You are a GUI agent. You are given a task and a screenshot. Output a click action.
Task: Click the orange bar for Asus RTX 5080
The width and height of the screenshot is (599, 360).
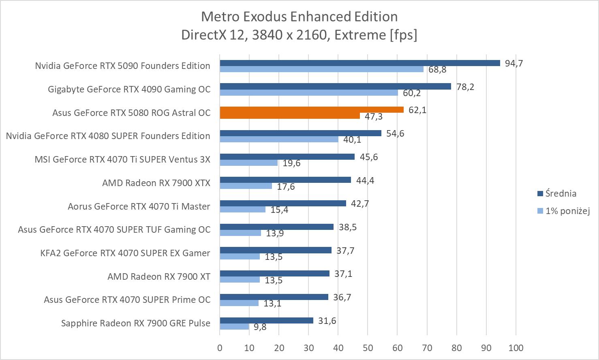(312, 110)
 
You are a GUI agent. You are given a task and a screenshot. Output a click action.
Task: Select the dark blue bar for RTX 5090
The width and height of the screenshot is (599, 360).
(360, 63)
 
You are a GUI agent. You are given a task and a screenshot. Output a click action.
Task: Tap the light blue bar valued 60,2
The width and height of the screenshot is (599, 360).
(309, 92)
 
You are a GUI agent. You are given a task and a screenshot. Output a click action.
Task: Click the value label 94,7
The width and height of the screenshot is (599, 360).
(514, 63)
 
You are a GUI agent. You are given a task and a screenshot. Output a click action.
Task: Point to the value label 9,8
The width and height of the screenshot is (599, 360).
(260, 327)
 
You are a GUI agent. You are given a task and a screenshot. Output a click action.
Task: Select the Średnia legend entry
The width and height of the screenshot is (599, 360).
(560, 193)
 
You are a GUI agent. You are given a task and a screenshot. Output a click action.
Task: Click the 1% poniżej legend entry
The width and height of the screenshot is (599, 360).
(567, 211)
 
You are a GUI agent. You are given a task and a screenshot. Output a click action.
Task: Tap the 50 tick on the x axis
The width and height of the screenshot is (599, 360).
(368, 348)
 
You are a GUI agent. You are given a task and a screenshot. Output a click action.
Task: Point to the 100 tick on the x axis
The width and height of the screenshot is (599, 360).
(516, 348)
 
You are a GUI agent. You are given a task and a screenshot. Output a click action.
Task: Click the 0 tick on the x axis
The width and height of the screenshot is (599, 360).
(220, 348)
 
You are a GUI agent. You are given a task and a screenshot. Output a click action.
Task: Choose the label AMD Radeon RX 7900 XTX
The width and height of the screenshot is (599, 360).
(156, 183)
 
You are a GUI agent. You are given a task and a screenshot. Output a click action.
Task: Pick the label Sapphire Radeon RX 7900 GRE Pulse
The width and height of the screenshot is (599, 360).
(136, 323)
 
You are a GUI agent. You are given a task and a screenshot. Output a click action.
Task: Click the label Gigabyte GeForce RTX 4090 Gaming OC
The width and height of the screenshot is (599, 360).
(129, 89)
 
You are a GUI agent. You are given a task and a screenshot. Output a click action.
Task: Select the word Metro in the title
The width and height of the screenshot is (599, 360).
(219, 17)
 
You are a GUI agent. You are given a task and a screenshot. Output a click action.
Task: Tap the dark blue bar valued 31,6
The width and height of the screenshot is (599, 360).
(266, 321)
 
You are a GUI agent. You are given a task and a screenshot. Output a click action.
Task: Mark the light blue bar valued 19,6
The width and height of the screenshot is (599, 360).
(248, 163)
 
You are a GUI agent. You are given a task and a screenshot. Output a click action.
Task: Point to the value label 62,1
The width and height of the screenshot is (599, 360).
(417, 110)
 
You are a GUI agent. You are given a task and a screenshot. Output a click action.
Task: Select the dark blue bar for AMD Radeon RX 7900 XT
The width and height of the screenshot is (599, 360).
(274, 274)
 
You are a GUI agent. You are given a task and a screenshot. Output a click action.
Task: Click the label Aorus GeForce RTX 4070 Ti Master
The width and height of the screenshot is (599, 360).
(139, 206)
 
